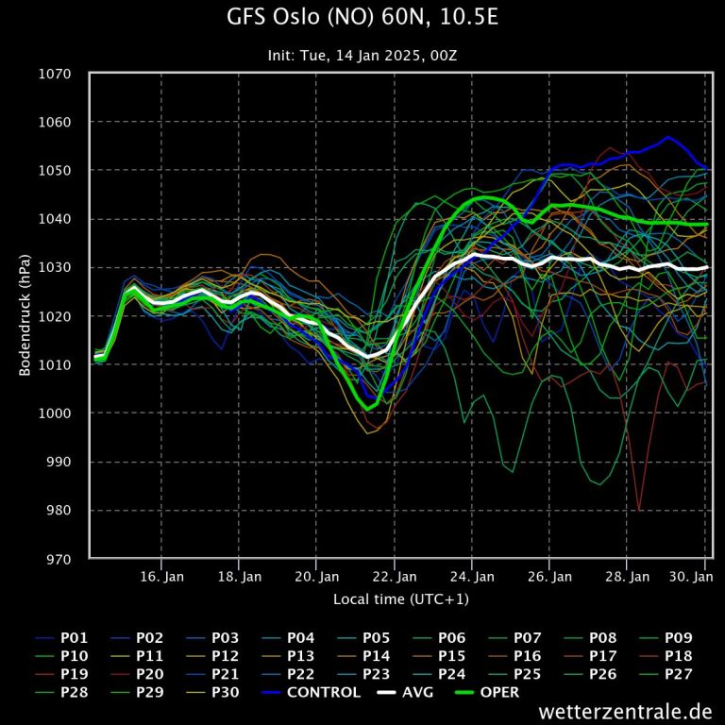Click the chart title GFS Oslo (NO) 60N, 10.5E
362,18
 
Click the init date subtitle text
362,55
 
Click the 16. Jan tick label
162,576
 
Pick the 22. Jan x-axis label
395,576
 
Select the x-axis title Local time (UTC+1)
400,599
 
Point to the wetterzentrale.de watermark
625,711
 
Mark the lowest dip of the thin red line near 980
639,510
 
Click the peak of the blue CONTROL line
667,137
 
